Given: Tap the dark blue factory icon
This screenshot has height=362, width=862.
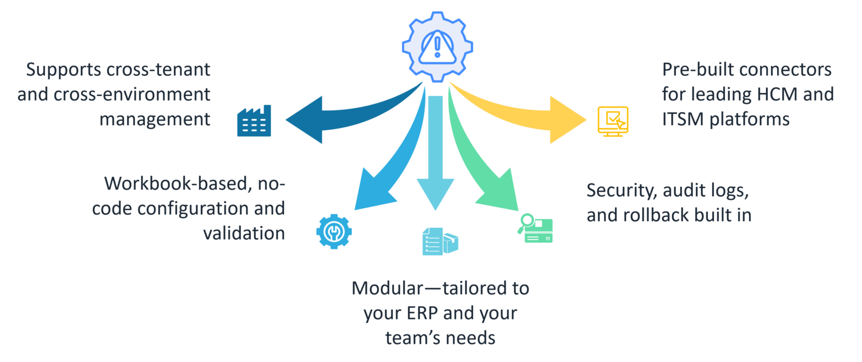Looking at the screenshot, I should [254, 121].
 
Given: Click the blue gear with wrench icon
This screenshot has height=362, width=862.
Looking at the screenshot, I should [334, 231].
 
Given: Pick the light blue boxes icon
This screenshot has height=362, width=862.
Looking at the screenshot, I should [440, 241].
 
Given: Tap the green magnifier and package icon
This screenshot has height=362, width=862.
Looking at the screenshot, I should [535, 229].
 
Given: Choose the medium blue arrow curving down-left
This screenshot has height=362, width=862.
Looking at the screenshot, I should [387, 168].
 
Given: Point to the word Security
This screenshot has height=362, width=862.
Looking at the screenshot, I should [620, 190].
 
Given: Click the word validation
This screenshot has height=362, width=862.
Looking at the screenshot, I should [244, 233].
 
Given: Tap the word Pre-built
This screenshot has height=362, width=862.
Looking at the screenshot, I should [696, 70].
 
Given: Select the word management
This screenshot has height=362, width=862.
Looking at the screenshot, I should [155, 119].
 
